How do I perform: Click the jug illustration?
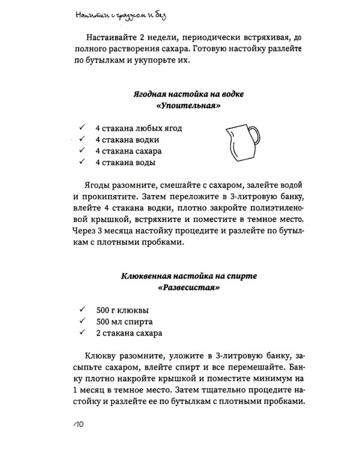[242, 145]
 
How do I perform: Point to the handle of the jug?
[255, 137]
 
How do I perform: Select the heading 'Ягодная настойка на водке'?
[187, 95]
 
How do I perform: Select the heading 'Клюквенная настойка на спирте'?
[187, 276]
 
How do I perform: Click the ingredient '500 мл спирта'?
[124, 322]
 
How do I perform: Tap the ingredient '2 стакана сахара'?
[128, 333]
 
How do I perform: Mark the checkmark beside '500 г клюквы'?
[81, 310]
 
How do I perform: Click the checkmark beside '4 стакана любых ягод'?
[81, 128]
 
